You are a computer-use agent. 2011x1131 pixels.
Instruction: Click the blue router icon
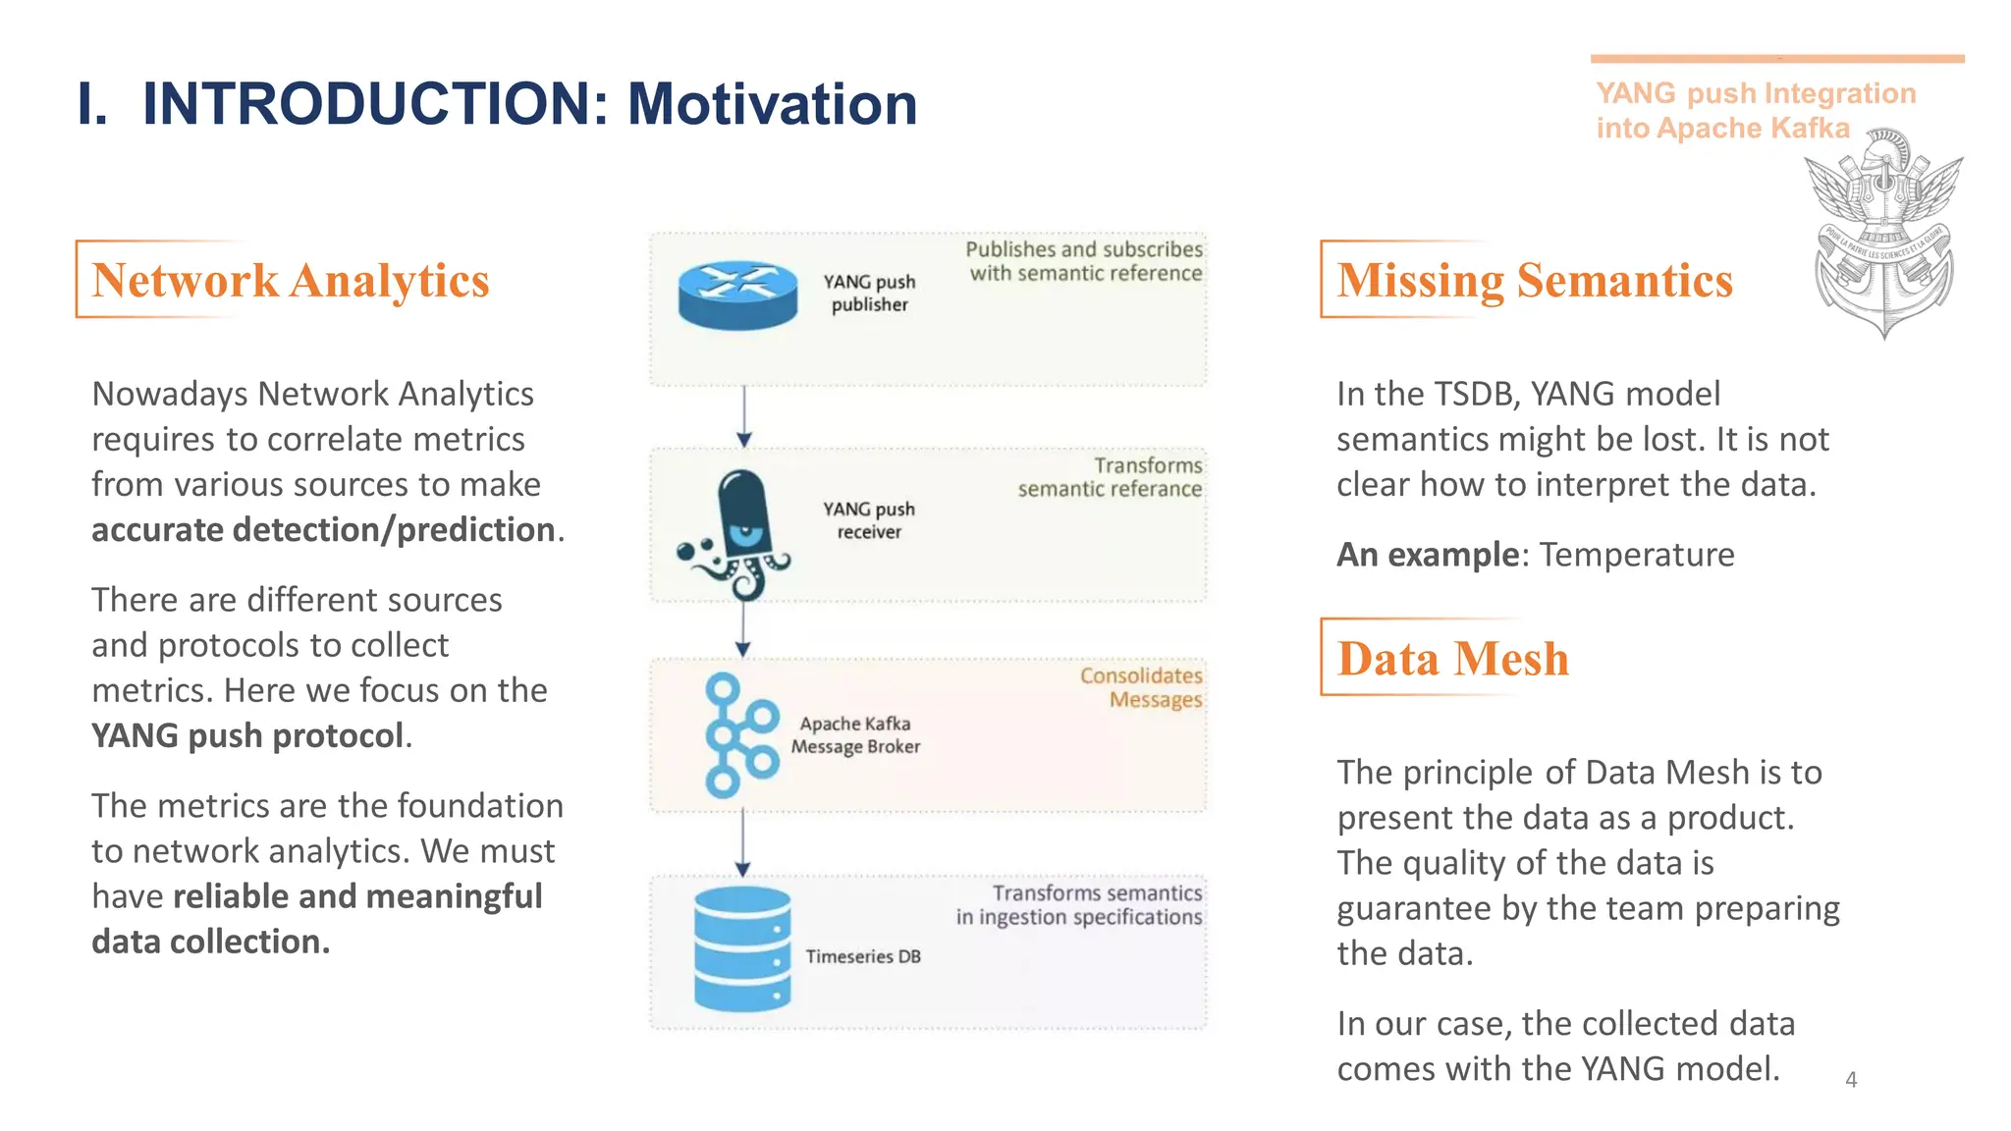click(737, 296)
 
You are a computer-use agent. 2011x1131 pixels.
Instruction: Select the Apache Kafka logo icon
click(739, 735)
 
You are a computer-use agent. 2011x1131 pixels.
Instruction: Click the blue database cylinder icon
click(742, 949)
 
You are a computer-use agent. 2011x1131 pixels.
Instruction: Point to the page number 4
click(1851, 1080)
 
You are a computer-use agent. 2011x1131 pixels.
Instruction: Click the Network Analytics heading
click(290, 281)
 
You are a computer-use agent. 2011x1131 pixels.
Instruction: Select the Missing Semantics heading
click(1534, 281)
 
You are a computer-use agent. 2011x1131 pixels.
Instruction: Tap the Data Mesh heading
click(1452, 659)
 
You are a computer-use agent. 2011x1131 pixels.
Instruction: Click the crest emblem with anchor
click(1882, 236)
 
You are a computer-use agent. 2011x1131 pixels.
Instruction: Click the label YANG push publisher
click(869, 293)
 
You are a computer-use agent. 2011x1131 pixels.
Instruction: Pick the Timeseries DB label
click(863, 956)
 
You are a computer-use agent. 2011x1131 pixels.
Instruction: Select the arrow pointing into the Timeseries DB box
click(743, 844)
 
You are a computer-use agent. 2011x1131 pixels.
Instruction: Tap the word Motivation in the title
click(772, 104)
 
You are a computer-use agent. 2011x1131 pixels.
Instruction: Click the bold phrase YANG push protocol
click(246, 735)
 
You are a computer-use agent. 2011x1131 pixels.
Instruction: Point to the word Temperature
click(1636, 555)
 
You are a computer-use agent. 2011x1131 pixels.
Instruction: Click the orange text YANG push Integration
click(1756, 94)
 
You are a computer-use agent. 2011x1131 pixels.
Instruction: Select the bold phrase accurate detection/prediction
click(324, 530)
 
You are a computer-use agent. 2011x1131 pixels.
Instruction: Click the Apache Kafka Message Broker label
click(855, 735)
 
